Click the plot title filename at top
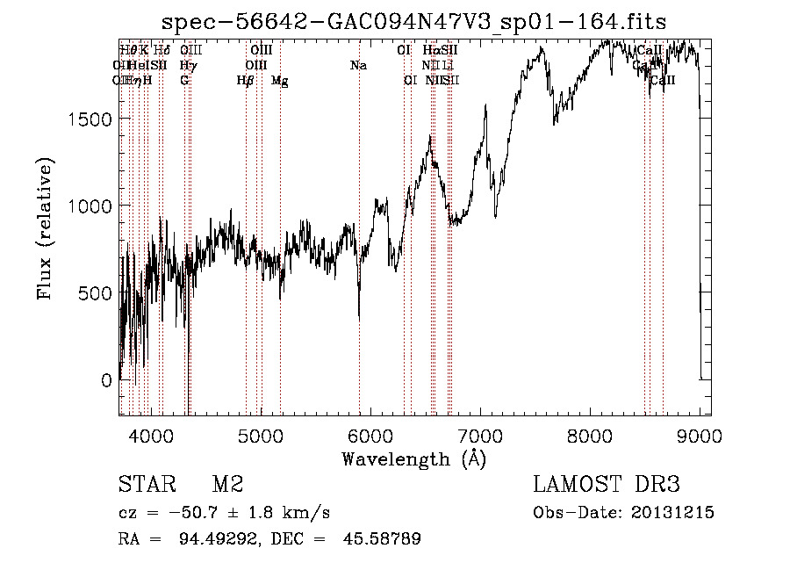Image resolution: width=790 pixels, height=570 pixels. (414, 22)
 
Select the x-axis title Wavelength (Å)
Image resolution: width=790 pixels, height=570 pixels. (414, 458)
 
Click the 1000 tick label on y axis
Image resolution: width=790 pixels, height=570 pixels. (92, 206)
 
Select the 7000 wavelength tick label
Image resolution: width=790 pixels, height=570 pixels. (480, 435)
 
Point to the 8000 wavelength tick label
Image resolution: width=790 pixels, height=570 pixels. (590, 435)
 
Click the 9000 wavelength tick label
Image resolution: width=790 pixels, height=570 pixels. (700, 435)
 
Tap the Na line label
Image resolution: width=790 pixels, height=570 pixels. (358, 65)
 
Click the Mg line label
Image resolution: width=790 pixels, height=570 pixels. (280, 81)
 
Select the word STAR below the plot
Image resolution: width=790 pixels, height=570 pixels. (147, 485)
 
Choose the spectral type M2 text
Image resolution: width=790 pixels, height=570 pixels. (227, 485)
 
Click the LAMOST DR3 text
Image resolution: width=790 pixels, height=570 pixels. (607, 485)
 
